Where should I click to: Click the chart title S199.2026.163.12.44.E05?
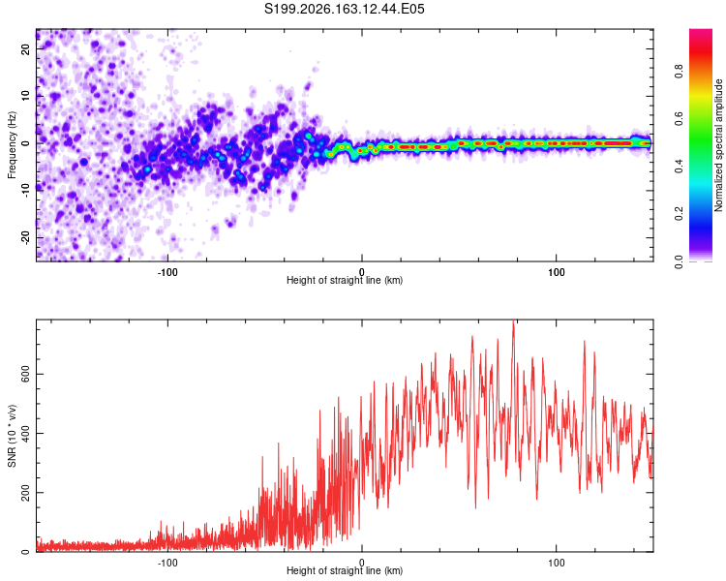coord(344,9)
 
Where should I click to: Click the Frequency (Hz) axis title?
coord(12,145)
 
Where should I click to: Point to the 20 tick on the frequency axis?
coord(26,48)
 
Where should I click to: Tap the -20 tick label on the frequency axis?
coord(26,237)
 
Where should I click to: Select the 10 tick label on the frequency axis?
coord(26,96)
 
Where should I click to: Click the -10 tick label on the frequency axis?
coord(26,191)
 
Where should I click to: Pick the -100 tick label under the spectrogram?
coord(167,272)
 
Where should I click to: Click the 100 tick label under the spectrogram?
coord(556,272)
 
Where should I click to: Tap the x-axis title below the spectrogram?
coord(345,280)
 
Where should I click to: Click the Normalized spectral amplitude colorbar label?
coord(718,145)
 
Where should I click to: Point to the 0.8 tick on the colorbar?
coord(679,72)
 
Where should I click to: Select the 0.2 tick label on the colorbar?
coord(679,214)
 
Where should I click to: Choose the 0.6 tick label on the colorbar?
coord(679,119)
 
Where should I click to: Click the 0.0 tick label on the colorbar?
coord(679,261)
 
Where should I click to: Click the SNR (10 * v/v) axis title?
coord(12,436)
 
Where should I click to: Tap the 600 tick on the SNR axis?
coord(26,375)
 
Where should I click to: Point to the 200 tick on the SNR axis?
coord(26,493)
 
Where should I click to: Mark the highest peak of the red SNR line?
coord(513,321)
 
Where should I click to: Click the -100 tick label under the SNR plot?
coord(167,563)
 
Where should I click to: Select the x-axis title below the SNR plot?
coord(345,570)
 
